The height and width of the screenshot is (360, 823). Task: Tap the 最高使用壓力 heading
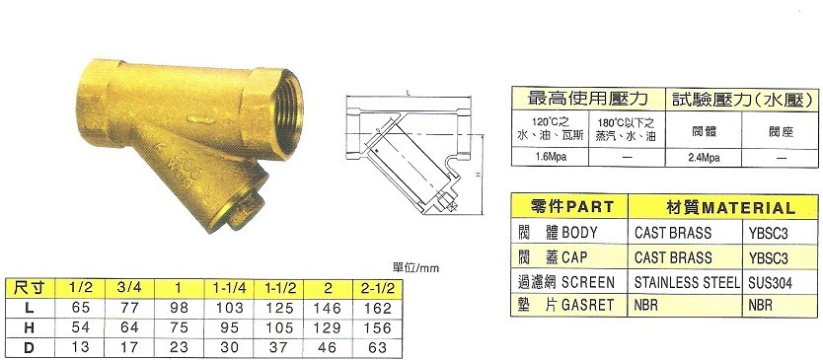(x=588, y=98)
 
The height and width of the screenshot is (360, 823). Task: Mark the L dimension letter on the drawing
(x=406, y=90)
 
